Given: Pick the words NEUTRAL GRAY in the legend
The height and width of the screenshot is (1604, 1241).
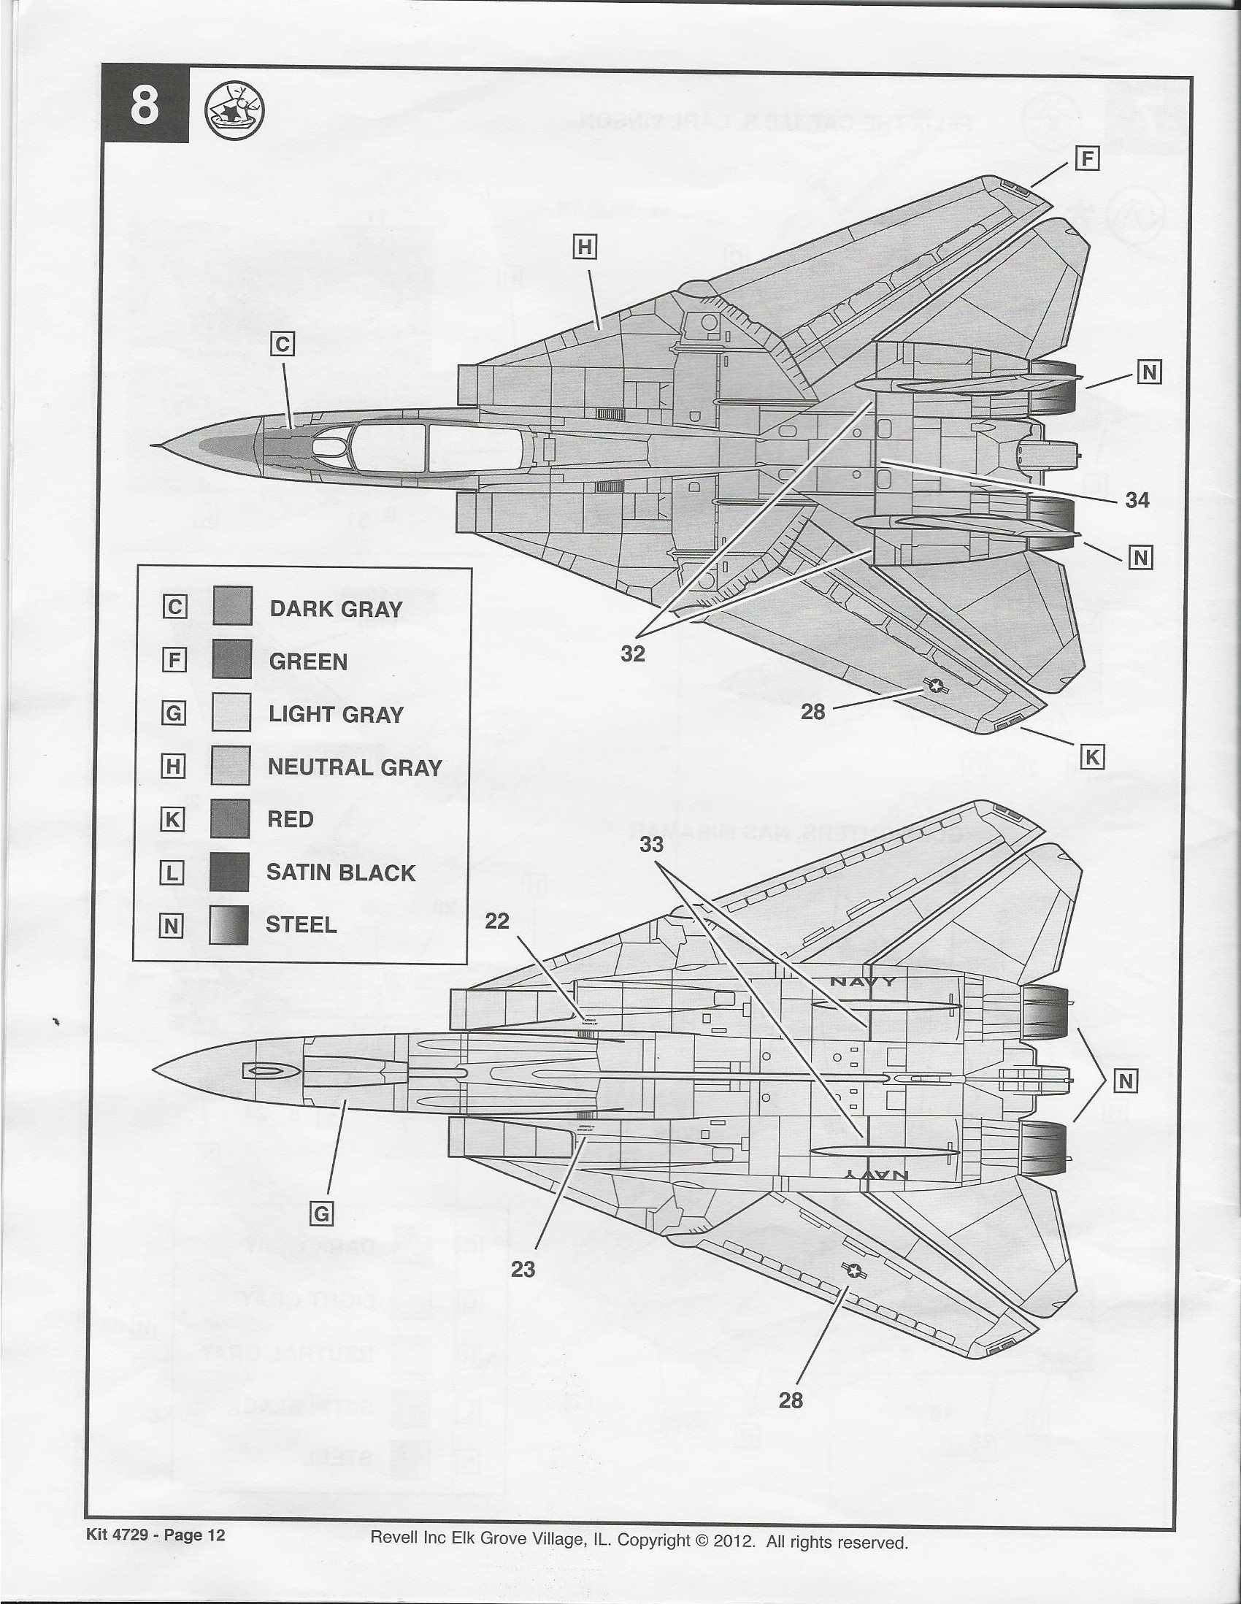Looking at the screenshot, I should (355, 767).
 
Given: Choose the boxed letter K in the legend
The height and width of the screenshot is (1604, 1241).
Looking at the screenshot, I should (172, 820).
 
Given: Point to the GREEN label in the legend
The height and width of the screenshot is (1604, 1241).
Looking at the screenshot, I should (308, 661).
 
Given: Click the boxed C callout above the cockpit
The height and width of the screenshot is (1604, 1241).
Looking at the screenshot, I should (283, 344).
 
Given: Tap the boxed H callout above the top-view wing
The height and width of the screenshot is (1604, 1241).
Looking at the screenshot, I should (585, 248).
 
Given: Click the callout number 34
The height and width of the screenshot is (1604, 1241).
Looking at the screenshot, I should (1137, 501).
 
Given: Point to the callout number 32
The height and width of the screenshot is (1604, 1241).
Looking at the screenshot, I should (632, 653).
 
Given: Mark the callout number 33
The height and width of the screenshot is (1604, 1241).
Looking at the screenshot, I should (651, 845).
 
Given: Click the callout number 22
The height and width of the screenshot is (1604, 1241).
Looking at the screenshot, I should (497, 921).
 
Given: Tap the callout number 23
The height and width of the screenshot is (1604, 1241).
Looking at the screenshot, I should (523, 1269).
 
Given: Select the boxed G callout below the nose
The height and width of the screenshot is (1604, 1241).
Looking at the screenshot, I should (322, 1215).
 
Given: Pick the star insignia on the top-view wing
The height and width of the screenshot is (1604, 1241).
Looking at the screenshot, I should (935, 686).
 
